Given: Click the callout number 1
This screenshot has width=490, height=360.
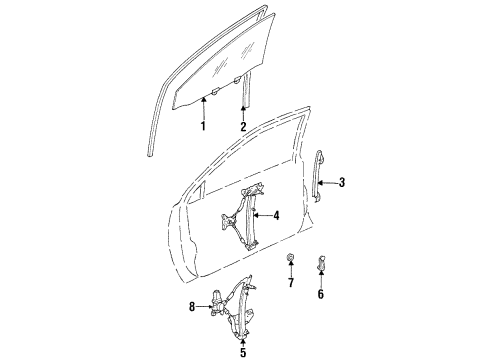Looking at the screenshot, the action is click(202, 127).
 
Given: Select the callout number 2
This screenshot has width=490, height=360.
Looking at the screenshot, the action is click(243, 127).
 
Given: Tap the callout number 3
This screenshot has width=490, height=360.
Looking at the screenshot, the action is click(342, 182).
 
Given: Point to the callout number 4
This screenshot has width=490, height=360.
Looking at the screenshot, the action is click(277, 216).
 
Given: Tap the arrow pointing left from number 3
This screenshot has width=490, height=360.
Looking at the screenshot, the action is click(330, 182).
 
